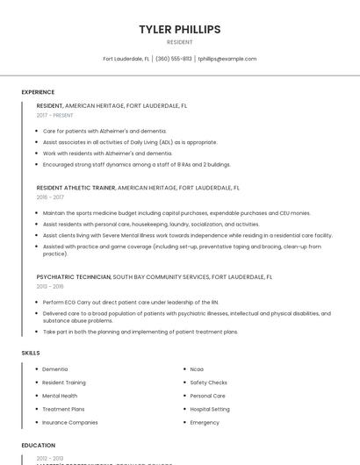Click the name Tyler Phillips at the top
click(179, 29)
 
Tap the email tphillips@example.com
click(227, 59)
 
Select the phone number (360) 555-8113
click(174, 59)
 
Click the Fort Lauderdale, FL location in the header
click(126, 59)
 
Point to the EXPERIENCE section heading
click(38, 92)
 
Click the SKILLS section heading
click(31, 353)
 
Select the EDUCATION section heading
click(38, 445)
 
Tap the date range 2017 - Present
click(54, 115)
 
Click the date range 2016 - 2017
click(50, 197)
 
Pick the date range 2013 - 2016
click(50, 286)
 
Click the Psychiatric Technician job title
click(73, 276)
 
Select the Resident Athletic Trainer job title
click(76, 188)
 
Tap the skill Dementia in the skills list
click(55, 369)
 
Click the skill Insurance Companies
click(70, 422)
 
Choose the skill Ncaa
click(197, 369)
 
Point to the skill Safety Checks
click(208, 383)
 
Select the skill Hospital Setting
click(210, 409)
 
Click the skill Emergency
click(205, 422)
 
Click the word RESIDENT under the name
click(179, 42)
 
